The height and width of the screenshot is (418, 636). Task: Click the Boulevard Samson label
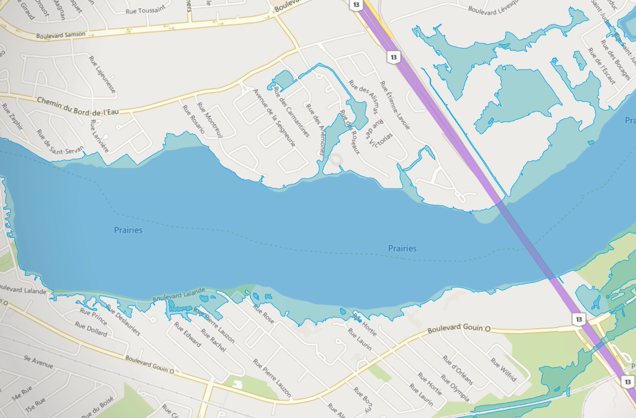(x=61, y=35)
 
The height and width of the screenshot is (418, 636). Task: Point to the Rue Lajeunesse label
(x=102, y=74)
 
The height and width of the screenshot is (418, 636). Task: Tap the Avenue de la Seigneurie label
(x=274, y=117)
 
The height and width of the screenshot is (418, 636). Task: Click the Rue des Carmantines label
(x=291, y=112)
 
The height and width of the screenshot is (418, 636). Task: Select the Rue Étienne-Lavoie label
(x=395, y=105)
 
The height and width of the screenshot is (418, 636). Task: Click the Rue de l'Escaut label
(x=601, y=66)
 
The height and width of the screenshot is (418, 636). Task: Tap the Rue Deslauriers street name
(x=124, y=320)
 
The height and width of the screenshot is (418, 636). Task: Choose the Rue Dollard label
(x=91, y=329)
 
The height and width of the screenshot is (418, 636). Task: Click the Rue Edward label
(x=188, y=334)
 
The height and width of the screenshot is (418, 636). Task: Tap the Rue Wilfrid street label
(x=503, y=370)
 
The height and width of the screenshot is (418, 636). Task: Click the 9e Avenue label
(x=38, y=362)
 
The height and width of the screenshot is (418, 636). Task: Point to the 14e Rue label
(x=21, y=393)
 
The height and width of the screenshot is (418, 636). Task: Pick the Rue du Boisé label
(x=97, y=407)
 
